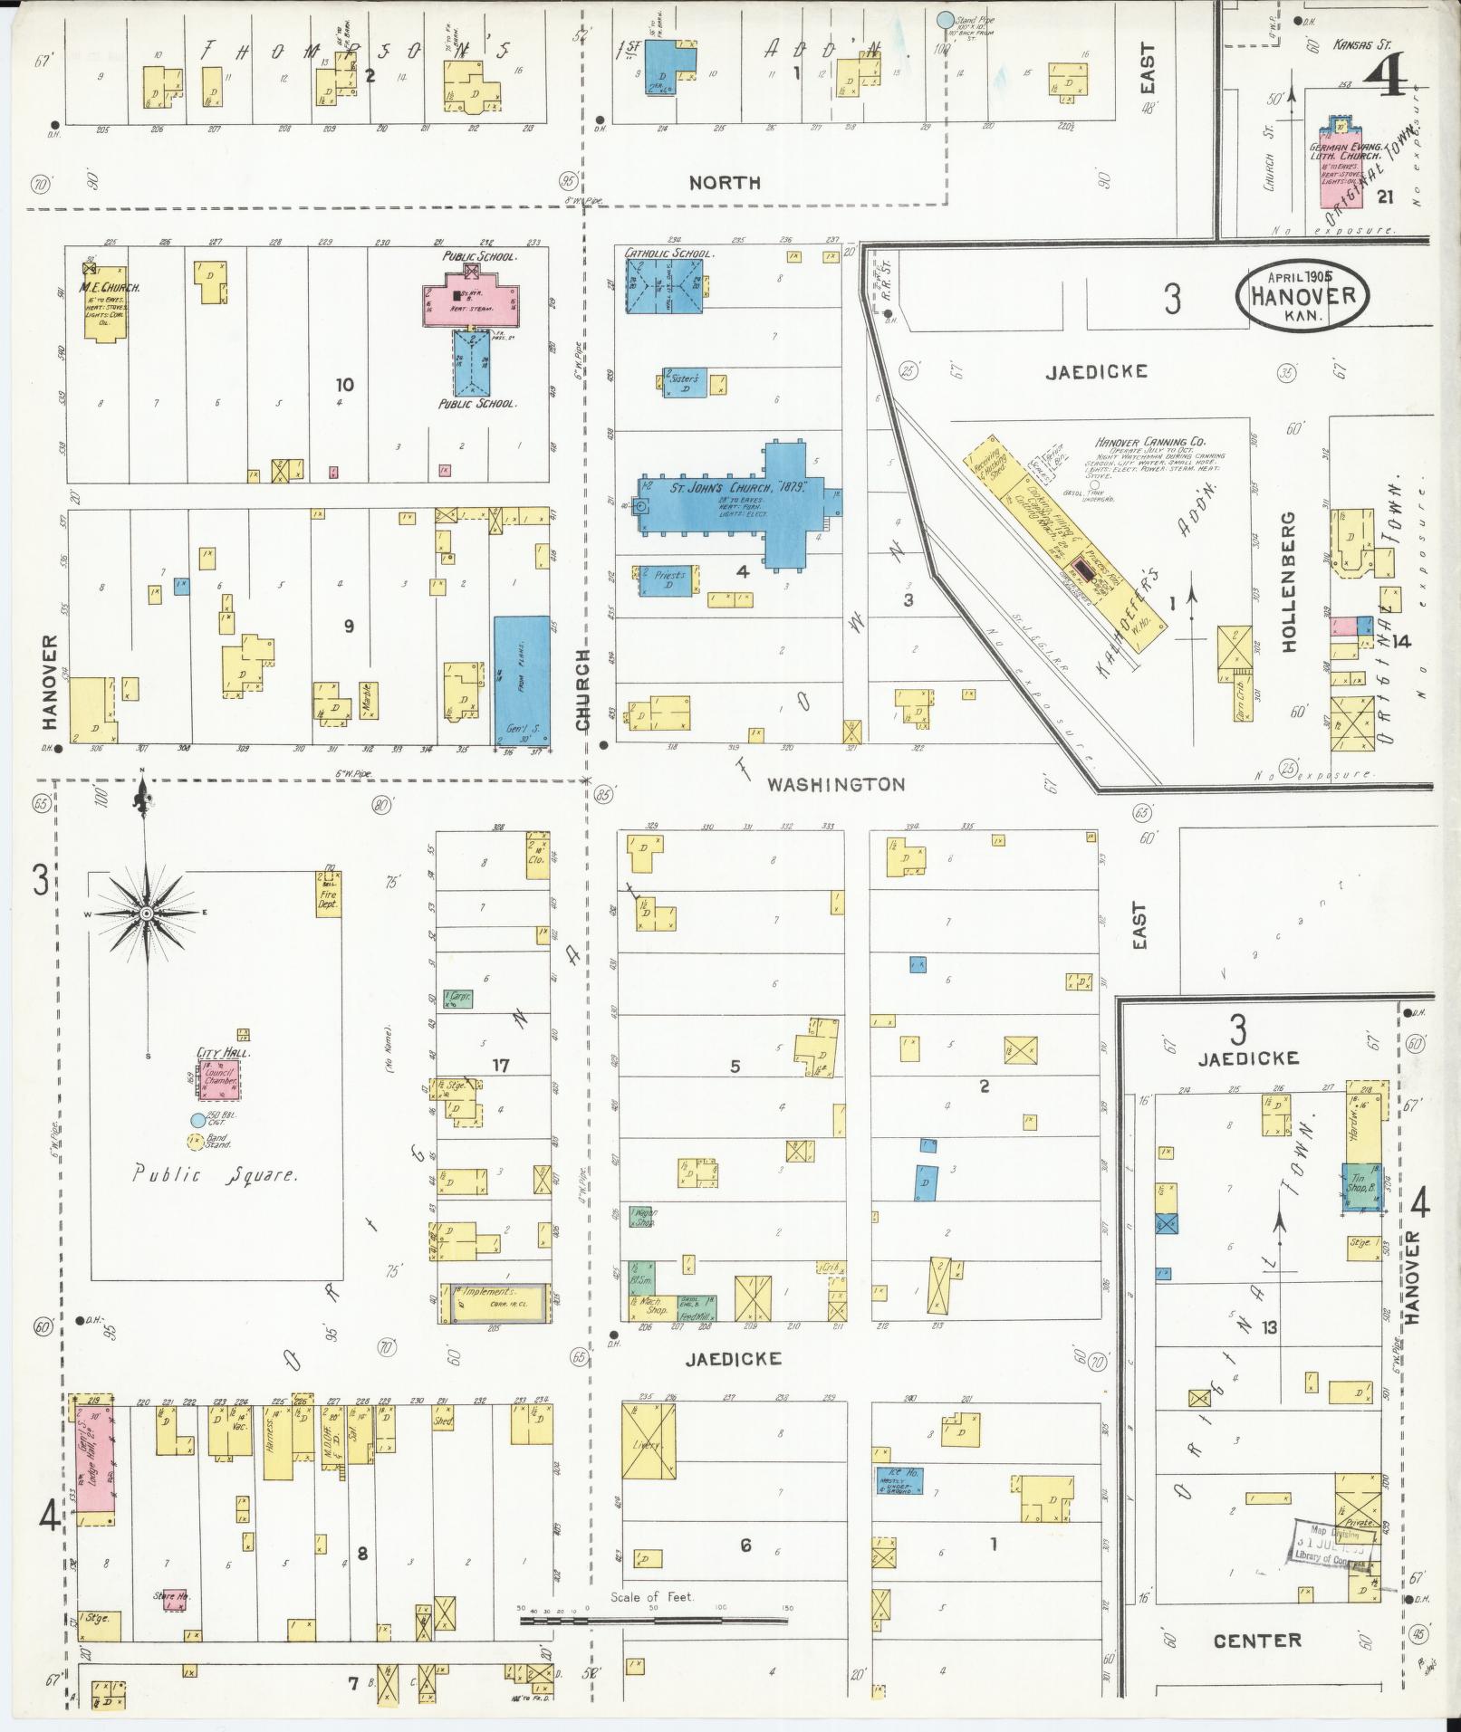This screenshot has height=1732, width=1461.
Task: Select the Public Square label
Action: (214, 1175)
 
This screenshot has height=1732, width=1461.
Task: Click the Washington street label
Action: (835, 784)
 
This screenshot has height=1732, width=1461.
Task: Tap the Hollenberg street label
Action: (1289, 581)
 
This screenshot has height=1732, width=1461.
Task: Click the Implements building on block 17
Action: (494, 1303)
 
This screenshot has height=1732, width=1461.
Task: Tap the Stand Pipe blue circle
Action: (945, 18)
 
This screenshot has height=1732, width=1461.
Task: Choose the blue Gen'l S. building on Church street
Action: (521, 678)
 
